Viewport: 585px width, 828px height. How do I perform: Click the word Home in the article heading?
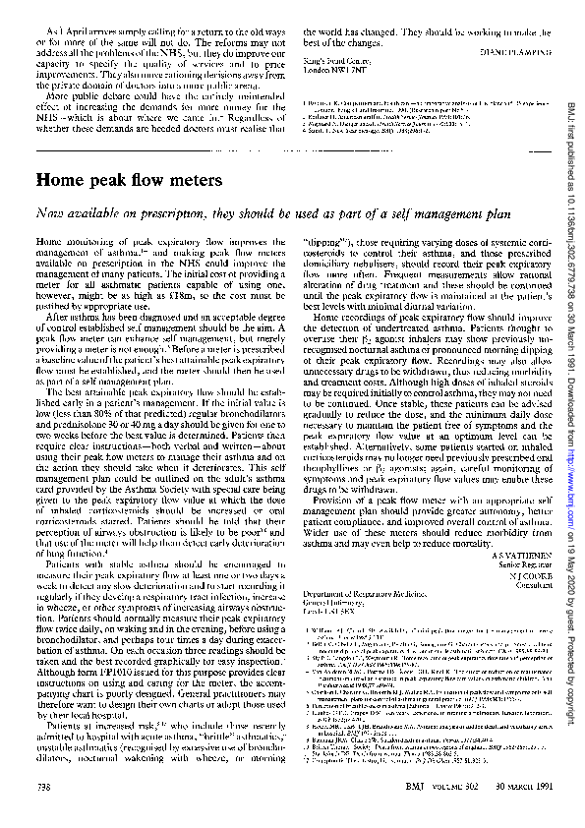61,181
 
